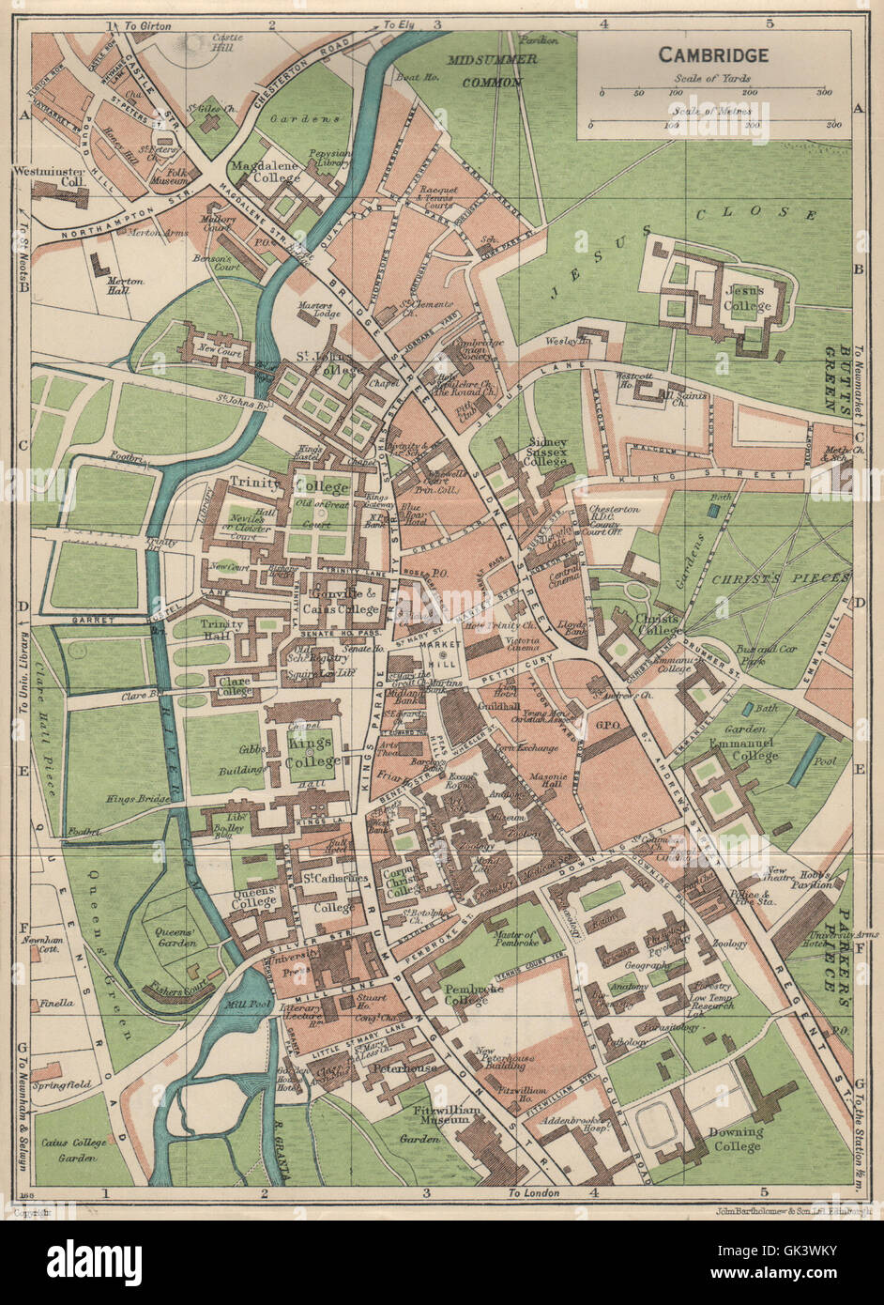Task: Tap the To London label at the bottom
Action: [x=533, y=1193]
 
